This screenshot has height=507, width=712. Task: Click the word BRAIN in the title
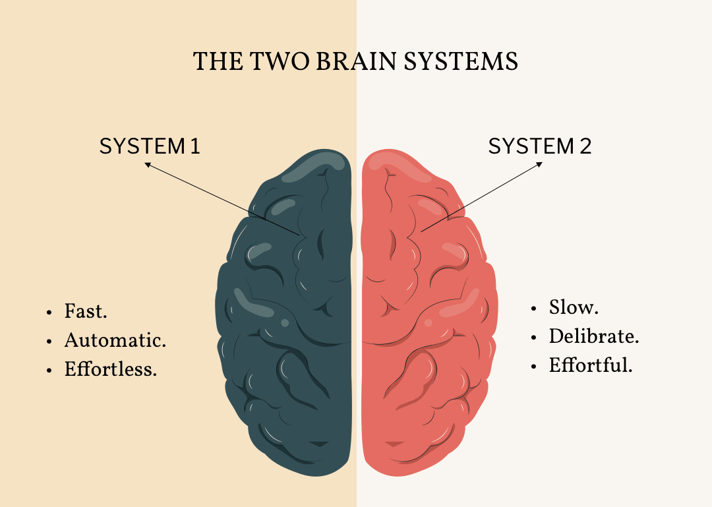[357, 61]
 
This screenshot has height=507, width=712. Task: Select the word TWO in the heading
[280, 61]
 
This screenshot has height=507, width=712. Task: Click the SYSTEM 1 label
[150, 146]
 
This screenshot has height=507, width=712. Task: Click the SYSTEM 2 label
[540, 146]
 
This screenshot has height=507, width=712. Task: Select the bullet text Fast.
[86, 311]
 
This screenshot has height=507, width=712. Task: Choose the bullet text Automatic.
[115, 340]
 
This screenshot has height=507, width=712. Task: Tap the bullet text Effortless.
[111, 369]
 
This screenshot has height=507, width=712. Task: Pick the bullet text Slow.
[574, 307]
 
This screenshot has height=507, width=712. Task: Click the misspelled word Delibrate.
[594, 336]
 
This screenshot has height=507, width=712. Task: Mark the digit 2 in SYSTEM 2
[585, 146]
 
